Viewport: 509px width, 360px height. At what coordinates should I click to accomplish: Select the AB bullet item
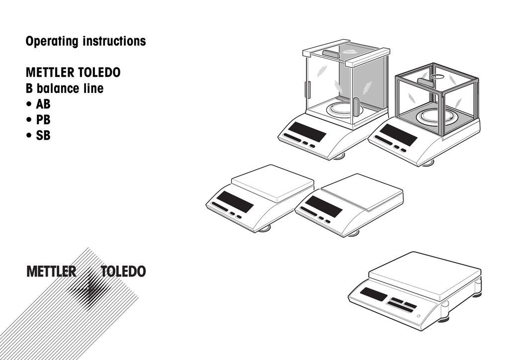pos(43,104)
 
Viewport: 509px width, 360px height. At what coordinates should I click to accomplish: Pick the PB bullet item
pos(43,120)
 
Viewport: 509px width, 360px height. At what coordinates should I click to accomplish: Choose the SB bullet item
pos(43,135)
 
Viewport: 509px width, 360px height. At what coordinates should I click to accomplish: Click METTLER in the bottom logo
pos(51,272)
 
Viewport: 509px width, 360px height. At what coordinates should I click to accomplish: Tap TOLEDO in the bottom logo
pos(123,272)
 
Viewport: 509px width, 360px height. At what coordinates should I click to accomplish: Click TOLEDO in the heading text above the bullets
pos(99,73)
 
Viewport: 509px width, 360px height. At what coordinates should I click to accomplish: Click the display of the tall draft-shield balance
pos(307,131)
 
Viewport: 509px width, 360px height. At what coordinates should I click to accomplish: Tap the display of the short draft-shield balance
pos(398,134)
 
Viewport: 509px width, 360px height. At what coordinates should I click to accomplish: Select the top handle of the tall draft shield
pos(330,52)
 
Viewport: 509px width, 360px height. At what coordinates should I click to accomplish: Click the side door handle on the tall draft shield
pos(355,105)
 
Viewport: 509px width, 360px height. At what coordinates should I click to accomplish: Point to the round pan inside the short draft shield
pos(437,116)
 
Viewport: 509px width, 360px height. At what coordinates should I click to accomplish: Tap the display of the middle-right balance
pos(324,205)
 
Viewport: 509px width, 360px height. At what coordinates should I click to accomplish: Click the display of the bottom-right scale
pos(373,294)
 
